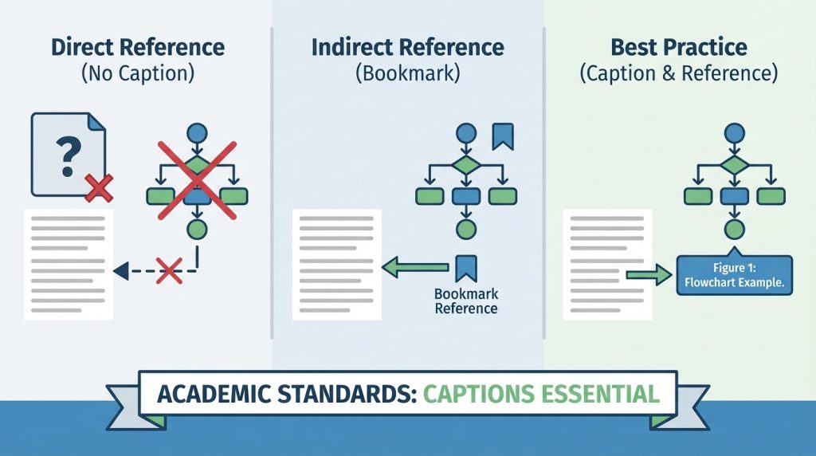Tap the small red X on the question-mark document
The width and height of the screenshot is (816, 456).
tap(99, 188)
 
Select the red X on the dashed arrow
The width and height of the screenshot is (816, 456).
tap(170, 271)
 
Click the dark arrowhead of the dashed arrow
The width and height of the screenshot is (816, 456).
tap(121, 271)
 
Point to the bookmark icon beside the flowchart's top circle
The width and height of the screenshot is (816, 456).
tap(503, 136)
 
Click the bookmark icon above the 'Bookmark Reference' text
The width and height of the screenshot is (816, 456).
tap(465, 269)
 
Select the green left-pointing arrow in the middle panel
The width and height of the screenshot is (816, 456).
tap(415, 268)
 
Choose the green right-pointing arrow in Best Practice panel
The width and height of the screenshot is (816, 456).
tap(649, 274)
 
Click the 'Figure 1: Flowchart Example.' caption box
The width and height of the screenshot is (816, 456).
tap(734, 275)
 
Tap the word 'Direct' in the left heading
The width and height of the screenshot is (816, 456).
tap(82, 47)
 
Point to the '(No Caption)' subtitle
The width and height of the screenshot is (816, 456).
tap(138, 73)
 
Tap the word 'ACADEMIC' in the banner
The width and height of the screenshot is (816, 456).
tap(212, 394)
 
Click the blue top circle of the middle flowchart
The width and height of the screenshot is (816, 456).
tap(465, 133)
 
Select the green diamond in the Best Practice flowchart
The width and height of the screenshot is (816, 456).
tap(734, 165)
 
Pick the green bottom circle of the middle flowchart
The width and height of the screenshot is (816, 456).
tap(465, 229)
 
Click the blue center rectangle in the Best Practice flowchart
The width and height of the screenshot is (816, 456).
tap(734, 196)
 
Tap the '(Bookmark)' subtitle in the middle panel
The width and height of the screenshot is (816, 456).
tap(407, 73)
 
